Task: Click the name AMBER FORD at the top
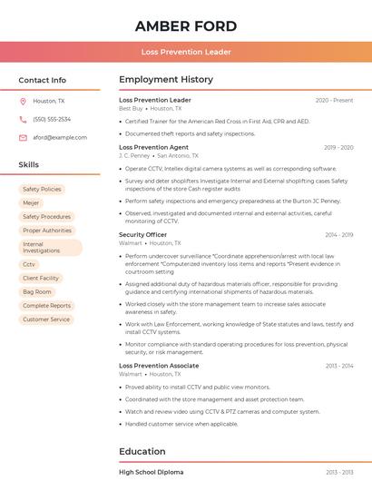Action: (x=186, y=25)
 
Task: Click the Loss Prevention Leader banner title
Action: (x=186, y=52)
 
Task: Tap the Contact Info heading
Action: (x=43, y=80)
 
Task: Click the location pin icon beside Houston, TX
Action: (x=23, y=101)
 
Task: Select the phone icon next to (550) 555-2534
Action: (x=23, y=119)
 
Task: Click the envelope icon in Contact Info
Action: (x=23, y=137)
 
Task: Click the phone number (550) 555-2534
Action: (x=52, y=119)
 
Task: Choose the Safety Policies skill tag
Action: (x=42, y=189)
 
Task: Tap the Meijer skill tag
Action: (x=31, y=202)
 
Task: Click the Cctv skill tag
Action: (x=29, y=264)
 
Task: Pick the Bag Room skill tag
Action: (x=37, y=291)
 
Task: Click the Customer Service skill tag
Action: (x=46, y=319)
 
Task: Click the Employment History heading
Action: (x=166, y=80)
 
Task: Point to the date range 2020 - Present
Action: (x=334, y=100)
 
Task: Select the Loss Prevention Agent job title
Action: (x=153, y=147)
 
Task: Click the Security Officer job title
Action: (x=142, y=235)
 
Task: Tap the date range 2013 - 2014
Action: (x=338, y=366)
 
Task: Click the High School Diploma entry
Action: (x=151, y=472)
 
